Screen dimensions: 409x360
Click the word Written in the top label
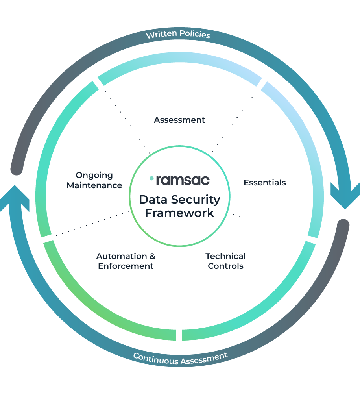click(161, 35)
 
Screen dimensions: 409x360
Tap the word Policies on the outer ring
click(195, 34)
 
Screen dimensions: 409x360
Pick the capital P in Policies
click(182, 34)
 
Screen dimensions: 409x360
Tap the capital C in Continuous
click(136, 356)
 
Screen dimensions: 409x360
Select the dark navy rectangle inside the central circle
click(183, 209)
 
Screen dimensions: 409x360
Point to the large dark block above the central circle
click(157, 118)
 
